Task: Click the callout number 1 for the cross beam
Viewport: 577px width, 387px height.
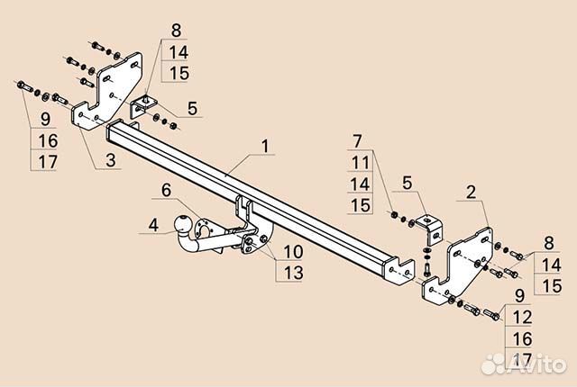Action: click(265, 146)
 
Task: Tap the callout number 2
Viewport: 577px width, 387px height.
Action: click(471, 193)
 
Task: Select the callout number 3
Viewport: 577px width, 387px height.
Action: click(110, 160)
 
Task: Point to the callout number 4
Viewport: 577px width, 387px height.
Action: click(153, 225)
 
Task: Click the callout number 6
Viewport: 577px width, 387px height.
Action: click(166, 190)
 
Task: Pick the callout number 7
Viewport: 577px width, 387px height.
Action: click(357, 141)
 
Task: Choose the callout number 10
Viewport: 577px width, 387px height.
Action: click(293, 252)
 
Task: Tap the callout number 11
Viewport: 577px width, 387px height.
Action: click(361, 163)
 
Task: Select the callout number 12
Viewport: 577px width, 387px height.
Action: click(522, 317)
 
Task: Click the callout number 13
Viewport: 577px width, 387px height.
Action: click(293, 273)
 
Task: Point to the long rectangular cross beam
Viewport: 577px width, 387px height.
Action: click(258, 199)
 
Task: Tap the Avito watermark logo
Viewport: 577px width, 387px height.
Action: click(524, 363)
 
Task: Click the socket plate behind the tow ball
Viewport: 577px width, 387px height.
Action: click(204, 229)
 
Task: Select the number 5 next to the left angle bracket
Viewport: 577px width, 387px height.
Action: click(192, 109)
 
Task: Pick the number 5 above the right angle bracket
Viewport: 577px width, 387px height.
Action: click(407, 183)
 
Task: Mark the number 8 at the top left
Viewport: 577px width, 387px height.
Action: click(177, 31)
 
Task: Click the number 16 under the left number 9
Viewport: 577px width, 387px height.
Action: click(48, 140)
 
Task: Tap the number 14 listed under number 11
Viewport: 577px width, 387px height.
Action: click(361, 184)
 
